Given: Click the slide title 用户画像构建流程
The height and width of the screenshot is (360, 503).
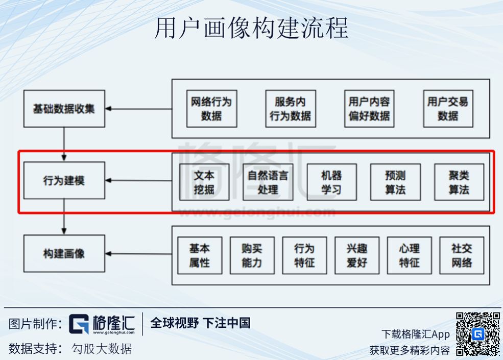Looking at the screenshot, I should point(251,28).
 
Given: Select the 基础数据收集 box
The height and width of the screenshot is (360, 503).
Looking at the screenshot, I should point(64,109).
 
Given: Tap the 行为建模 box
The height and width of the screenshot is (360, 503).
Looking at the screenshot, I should point(64,181).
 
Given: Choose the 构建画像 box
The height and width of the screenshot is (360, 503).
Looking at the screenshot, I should point(64,254).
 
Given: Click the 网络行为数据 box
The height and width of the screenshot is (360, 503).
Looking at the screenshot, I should point(211,109).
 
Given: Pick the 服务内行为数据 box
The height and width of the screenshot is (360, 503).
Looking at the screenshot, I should point(290,109).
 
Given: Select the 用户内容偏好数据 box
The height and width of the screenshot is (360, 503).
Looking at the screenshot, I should point(369,109).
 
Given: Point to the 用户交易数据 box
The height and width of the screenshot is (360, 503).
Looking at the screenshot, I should point(448,109).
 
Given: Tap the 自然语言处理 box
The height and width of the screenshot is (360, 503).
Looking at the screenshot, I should point(268,182).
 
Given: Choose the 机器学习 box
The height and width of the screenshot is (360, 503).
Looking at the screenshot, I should point(331,182).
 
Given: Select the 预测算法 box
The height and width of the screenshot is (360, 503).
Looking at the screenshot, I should point(395,182).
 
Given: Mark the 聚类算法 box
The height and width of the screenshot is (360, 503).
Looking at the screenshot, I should point(459,182).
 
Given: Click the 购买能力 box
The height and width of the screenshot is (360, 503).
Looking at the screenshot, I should point(252,255).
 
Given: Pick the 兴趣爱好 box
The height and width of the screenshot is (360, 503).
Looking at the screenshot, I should point(357,255).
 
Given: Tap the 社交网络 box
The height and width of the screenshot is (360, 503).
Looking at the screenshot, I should point(462,255).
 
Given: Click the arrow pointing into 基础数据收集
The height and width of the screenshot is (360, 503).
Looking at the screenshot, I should point(138,109).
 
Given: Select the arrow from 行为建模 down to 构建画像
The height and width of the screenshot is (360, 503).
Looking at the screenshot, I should point(64,217).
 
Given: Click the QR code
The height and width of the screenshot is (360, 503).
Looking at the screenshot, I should point(477,334).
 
